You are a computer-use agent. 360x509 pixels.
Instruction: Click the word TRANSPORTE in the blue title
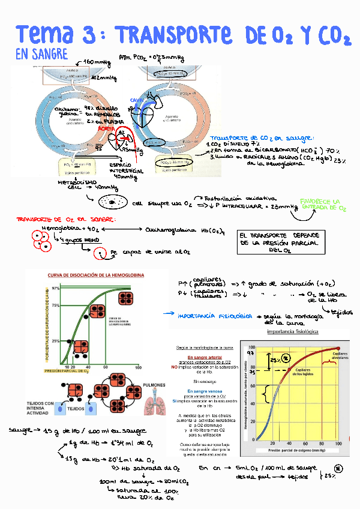174,34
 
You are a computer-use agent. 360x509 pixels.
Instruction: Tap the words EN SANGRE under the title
41,54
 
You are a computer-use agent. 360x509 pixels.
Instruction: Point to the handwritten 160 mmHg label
97,62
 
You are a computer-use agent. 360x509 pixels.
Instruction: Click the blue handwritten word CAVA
136,100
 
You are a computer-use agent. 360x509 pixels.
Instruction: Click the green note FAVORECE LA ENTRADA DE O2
323,205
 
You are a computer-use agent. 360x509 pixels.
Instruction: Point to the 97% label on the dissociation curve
55,288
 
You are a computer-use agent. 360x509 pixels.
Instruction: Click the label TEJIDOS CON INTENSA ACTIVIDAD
40,408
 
